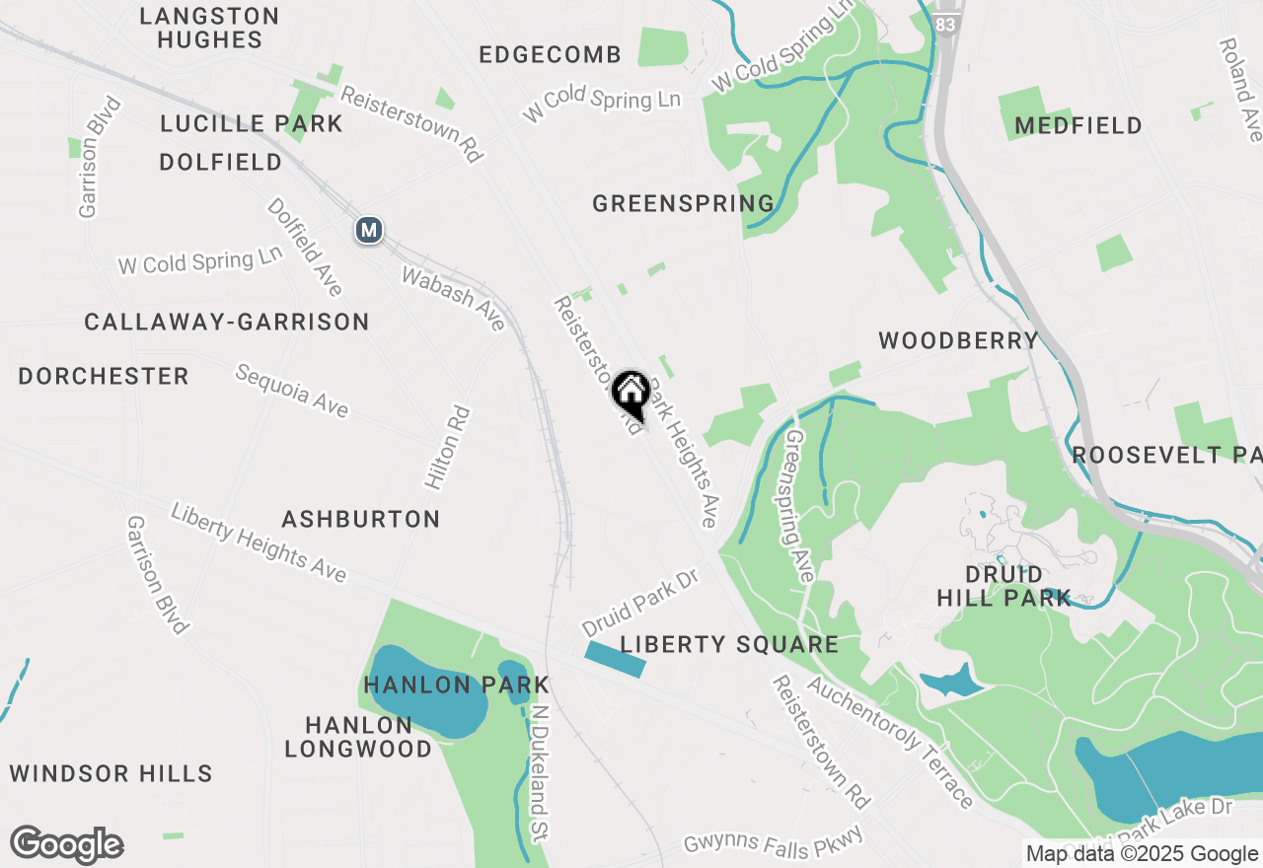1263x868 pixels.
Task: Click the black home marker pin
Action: [x=631, y=394]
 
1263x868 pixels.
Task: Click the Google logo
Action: [x=66, y=845]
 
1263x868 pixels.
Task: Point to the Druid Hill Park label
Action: [x=1003, y=586]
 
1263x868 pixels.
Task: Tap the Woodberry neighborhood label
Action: [x=958, y=341]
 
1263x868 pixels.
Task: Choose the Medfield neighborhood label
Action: [x=1077, y=126]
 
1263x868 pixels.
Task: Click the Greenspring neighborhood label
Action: [x=683, y=204]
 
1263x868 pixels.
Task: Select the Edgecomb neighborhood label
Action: [x=550, y=55]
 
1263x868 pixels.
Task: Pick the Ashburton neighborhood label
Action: [x=360, y=519]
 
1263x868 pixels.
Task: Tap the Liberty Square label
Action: [x=729, y=645]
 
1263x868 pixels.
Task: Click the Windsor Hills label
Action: [x=111, y=773]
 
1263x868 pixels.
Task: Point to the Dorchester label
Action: [x=104, y=377]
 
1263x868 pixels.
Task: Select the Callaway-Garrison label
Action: [x=227, y=323]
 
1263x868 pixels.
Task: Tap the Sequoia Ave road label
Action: [x=291, y=391]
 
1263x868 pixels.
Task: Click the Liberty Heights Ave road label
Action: [x=259, y=542]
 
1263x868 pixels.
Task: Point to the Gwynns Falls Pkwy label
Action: [x=775, y=841]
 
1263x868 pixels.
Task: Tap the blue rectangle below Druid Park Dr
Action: [x=616, y=659]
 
